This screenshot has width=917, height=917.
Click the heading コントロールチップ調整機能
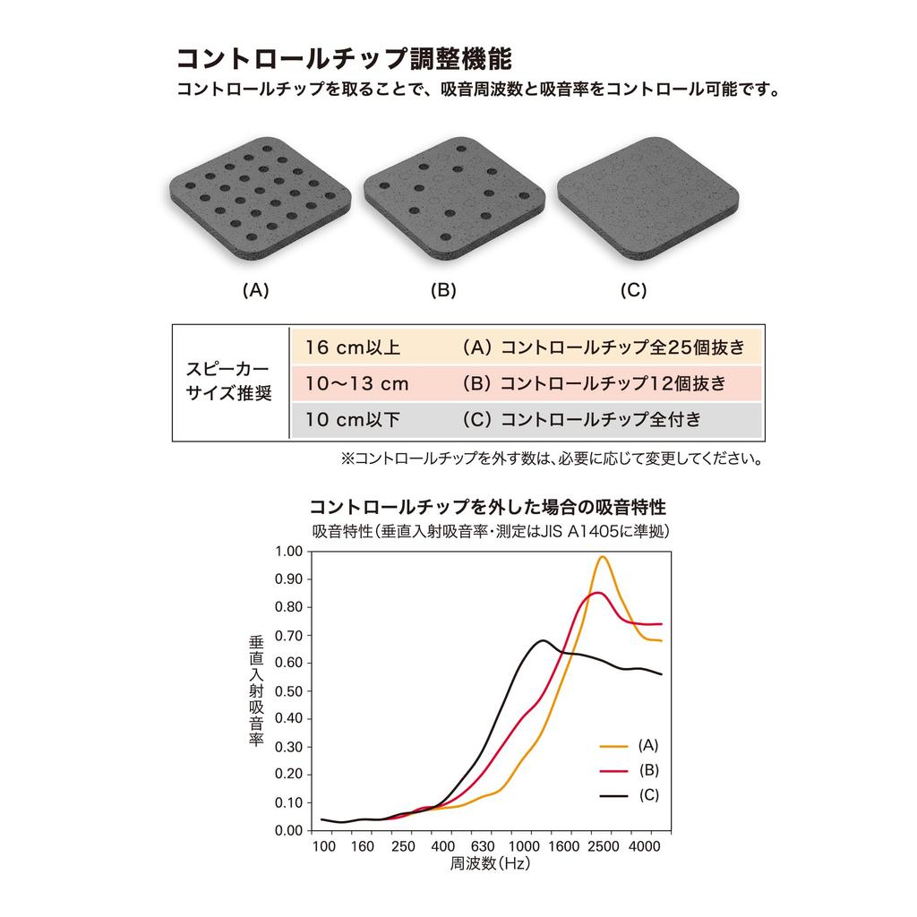344,59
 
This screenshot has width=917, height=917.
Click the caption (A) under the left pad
256,290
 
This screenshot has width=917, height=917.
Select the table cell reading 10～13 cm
356,384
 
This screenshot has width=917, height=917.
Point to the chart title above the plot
488,506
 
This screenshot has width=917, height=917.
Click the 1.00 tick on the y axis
289,551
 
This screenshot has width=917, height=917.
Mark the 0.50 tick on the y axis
289,690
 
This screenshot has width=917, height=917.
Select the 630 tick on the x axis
483,847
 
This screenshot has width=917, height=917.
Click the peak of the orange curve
602,557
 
